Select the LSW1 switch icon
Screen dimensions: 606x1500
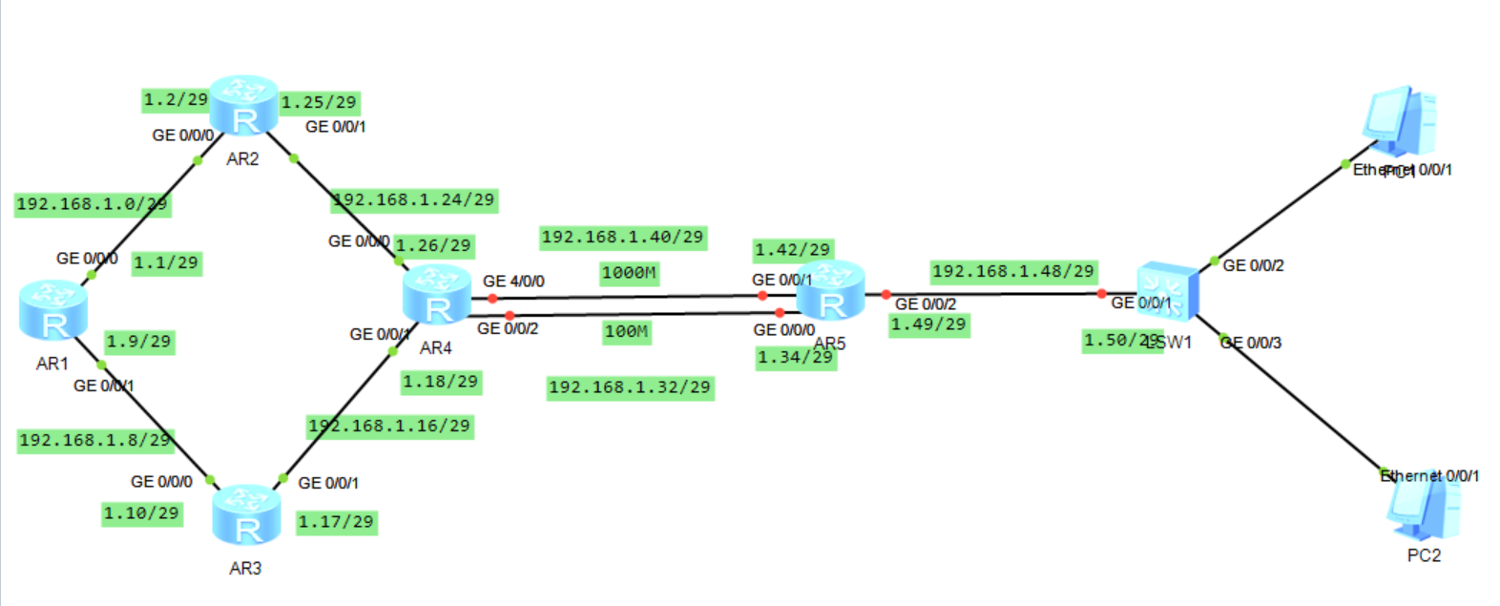tap(1168, 292)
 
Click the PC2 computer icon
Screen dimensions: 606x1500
tap(1424, 508)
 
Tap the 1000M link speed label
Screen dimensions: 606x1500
tap(629, 274)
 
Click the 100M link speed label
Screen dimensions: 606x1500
tap(627, 332)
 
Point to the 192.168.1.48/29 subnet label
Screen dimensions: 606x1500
tap(1013, 272)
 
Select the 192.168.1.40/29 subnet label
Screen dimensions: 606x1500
tap(623, 238)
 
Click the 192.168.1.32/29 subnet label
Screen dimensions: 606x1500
tap(630, 387)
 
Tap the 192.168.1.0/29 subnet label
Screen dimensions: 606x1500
tap(92, 204)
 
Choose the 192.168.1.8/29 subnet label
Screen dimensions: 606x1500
tap(94, 440)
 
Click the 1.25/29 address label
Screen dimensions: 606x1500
tap(319, 102)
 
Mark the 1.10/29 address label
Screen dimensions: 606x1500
tap(141, 513)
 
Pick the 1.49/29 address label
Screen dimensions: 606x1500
tap(928, 325)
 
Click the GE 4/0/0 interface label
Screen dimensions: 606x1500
tap(513, 282)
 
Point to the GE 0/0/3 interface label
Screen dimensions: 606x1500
tap(1251, 343)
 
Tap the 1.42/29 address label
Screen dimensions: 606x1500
tap(793, 250)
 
